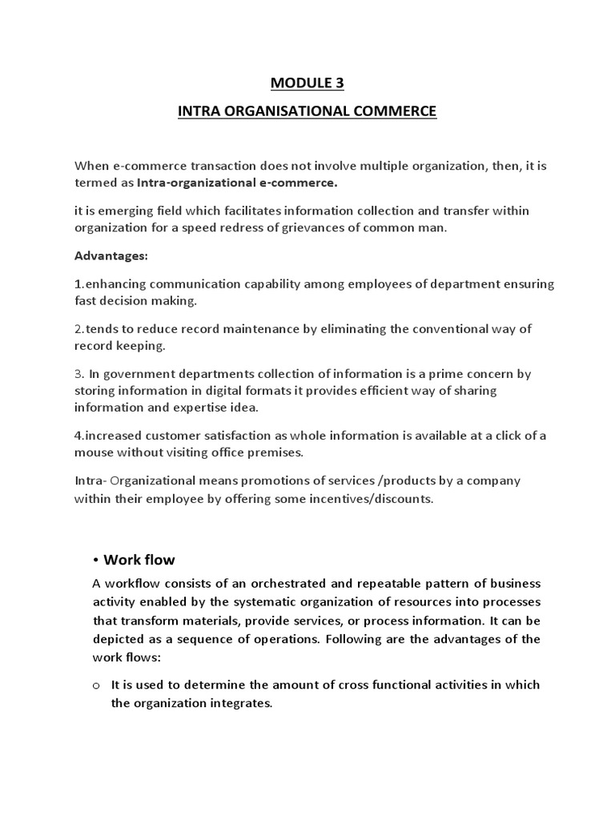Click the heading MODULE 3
click(307, 82)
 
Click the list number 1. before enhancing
click(78, 285)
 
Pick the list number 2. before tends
click(79, 329)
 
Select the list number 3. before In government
click(79, 374)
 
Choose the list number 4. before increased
click(79, 436)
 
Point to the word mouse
click(95, 452)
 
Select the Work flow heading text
click(139, 560)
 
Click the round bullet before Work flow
click(95, 561)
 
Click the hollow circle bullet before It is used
click(95, 686)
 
